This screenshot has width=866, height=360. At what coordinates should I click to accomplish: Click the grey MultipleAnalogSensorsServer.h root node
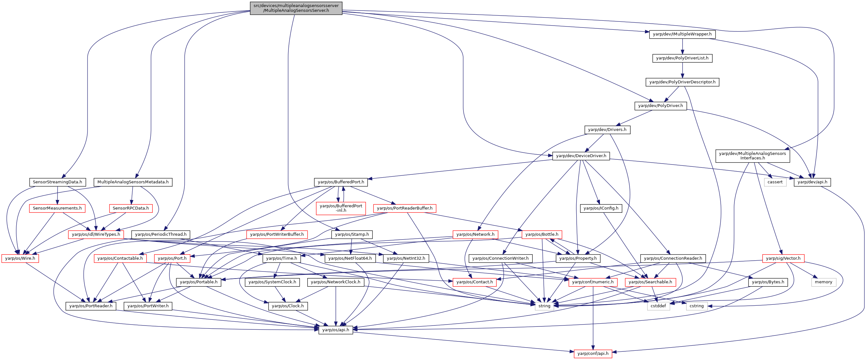[296, 8]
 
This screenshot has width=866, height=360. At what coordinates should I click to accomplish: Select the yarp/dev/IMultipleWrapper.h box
[682, 34]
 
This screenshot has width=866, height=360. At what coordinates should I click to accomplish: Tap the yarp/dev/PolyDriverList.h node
[682, 58]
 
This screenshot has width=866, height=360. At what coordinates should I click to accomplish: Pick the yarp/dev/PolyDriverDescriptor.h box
[682, 82]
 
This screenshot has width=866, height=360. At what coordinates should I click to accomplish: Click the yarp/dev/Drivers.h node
[607, 130]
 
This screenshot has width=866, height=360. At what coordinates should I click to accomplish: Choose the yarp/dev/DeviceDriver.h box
[581, 156]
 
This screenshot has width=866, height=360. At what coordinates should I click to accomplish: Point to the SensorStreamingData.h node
[57, 182]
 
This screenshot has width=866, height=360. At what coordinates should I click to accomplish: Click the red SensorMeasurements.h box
[57, 208]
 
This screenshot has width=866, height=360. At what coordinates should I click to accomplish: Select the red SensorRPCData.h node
[131, 208]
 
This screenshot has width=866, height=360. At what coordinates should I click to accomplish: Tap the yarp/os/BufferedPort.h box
[341, 182]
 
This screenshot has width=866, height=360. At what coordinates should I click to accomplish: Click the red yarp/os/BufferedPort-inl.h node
[341, 208]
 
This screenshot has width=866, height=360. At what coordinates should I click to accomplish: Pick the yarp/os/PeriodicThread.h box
[161, 234]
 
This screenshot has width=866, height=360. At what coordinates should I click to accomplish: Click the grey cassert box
[775, 182]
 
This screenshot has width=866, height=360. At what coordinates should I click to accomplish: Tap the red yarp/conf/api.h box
[593, 354]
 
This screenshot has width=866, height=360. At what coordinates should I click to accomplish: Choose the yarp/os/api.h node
[335, 330]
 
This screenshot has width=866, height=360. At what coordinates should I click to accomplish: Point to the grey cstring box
[697, 306]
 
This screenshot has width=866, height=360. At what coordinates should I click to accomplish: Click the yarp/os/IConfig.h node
[601, 208]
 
